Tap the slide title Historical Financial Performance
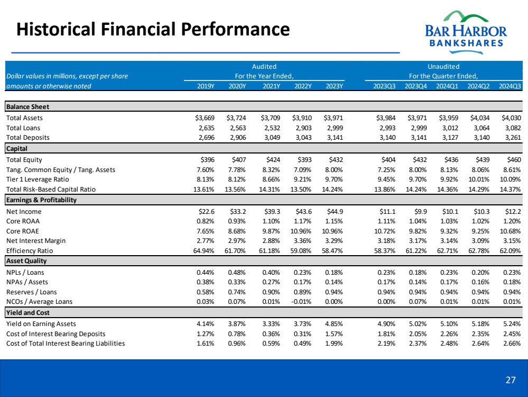point(153,29)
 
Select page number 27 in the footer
point(510,380)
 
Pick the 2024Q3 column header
point(510,86)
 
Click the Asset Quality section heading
point(26,261)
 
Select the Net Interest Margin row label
point(36,240)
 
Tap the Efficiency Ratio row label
point(30,250)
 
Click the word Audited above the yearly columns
point(264,67)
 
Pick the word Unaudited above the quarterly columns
point(443,67)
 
